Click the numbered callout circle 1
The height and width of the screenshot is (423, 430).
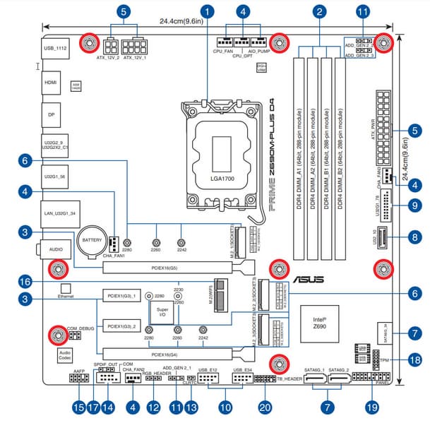coord(207,11)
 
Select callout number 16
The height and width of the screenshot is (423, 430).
coord(25,280)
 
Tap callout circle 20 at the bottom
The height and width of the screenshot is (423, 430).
coord(265,407)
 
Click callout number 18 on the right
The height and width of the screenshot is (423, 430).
coord(416,359)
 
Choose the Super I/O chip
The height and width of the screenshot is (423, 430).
coord(162,311)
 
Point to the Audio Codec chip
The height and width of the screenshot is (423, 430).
coord(65,354)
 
